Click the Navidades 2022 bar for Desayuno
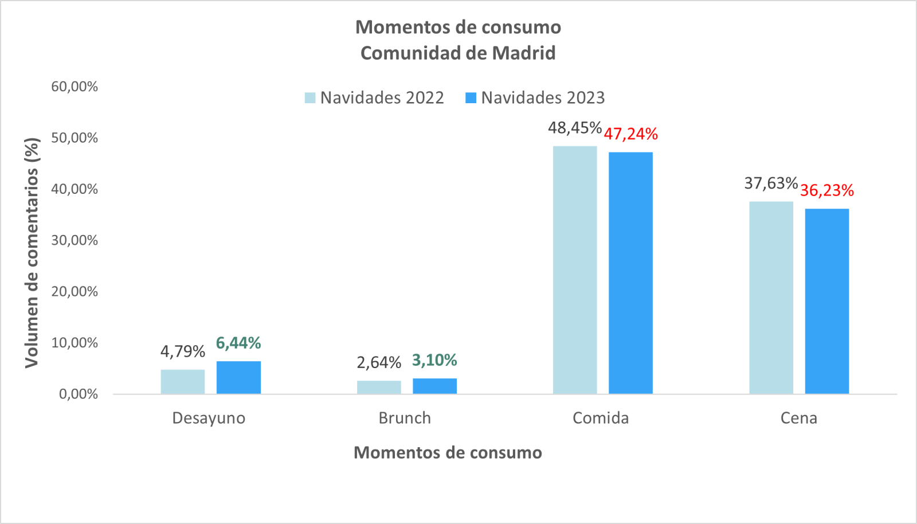(x=183, y=382)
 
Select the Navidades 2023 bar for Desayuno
(x=238, y=377)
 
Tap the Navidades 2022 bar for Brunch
(x=379, y=387)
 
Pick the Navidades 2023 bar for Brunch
(x=434, y=386)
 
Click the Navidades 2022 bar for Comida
(x=575, y=269)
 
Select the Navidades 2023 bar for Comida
(x=630, y=273)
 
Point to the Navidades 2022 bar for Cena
(x=771, y=298)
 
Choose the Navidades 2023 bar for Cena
(x=826, y=301)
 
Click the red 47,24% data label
(x=630, y=134)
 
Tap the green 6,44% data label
(x=238, y=343)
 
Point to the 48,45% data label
(x=575, y=127)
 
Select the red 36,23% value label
(x=826, y=190)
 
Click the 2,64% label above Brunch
(x=379, y=362)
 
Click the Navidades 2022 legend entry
(x=375, y=98)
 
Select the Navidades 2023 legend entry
(x=536, y=98)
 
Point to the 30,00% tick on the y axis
(x=75, y=240)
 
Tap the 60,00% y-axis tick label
(x=75, y=87)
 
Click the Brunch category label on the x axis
(x=405, y=418)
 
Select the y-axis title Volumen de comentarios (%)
(x=32, y=252)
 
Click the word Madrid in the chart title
(x=524, y=53)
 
